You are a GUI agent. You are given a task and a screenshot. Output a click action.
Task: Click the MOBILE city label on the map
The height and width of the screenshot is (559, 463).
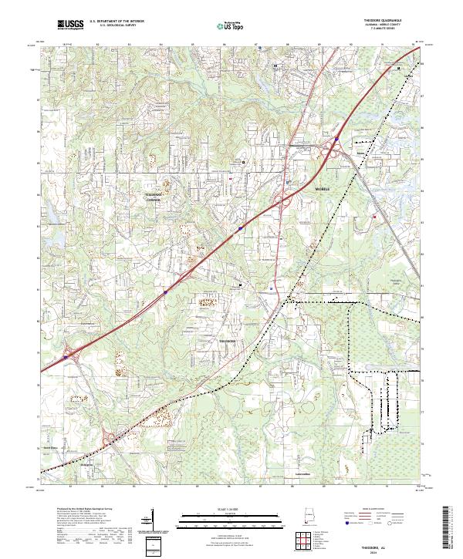pyautogui.click(x=323, y=188)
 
